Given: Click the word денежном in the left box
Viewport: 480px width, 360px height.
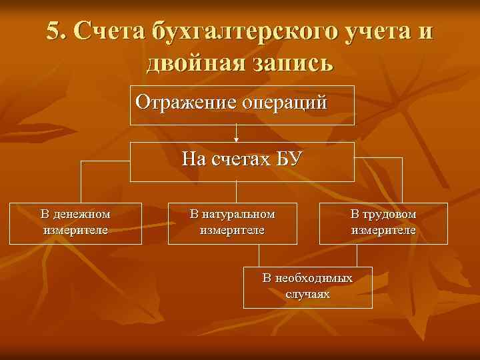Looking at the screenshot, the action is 83,214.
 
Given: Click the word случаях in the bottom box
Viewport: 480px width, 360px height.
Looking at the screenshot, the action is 307,293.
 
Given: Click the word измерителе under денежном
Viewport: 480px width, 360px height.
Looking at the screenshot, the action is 75,229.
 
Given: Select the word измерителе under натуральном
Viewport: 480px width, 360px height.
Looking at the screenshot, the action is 233,229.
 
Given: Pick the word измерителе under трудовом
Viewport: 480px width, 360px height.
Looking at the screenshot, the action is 383,229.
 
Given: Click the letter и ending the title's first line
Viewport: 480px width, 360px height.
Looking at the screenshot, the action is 425,31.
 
